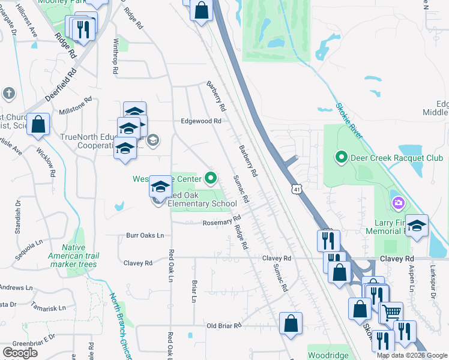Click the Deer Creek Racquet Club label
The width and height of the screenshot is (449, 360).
pyautogui.click(x=396, y=158)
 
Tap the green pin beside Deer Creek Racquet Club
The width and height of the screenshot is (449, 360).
pyautogui.click(x=342, y=158)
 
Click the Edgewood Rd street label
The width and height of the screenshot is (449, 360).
pyautogui.click(x=202, y=121)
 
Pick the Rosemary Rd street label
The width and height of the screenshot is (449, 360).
pyautogui.click(x=221, y=222)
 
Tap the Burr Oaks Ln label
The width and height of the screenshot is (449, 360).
pyautogui.click(x=145, y=236)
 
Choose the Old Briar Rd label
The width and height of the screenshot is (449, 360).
pyautogui.click(x=223, y=326)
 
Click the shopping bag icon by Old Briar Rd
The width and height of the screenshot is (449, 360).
pyautogui.click(x=291, y=323)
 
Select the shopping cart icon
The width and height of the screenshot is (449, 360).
pyautogui.click(x=391, y=312)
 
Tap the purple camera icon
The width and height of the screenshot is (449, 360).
pyautogui.click(x=397, y=203)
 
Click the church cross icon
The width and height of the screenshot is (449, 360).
pyautogui.click(x=8, y=93)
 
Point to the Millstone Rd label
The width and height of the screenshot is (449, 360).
pyautogui.click(x=74, y=112)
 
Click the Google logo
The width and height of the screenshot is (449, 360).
pyautogui.click(x=20, y=353)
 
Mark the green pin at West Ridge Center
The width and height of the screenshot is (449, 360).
pyautogui.click(x=210, y=178)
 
